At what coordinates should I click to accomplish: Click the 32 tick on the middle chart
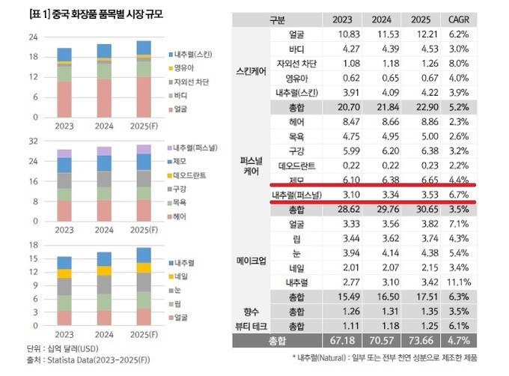click(x=34, y=141)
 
